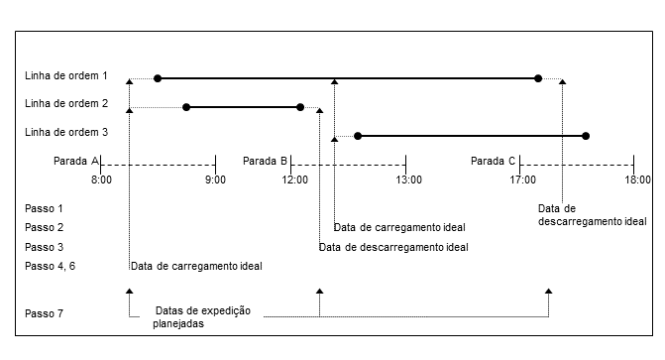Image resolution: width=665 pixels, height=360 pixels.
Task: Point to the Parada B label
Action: pos(265,160)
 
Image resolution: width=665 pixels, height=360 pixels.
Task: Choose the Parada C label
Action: pos(493,160)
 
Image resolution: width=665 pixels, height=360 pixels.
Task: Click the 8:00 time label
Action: pos(100,180)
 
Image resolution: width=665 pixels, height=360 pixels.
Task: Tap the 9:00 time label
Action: pos(215,180)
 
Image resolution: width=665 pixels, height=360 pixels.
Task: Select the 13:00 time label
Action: pos(408,180)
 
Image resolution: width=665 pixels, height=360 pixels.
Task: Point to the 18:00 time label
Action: pos(637,180)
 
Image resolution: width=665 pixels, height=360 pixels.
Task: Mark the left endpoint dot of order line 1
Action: pos(158,77)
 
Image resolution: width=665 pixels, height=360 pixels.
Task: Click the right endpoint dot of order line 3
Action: pos(586,135)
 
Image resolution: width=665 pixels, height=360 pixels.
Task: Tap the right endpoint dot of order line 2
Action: pos(300,107)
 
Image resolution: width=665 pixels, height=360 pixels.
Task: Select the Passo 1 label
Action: pos(44,208)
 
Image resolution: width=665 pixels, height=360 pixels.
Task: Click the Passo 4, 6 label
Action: pos(50,266)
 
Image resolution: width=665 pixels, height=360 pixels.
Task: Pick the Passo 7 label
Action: pos(44,313)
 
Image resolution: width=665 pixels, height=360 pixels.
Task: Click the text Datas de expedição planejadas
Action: pos(202,316)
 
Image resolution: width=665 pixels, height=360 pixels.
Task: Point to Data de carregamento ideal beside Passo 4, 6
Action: pos(195,266)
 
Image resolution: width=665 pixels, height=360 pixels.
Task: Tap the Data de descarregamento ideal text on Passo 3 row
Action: pos(393,247)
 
